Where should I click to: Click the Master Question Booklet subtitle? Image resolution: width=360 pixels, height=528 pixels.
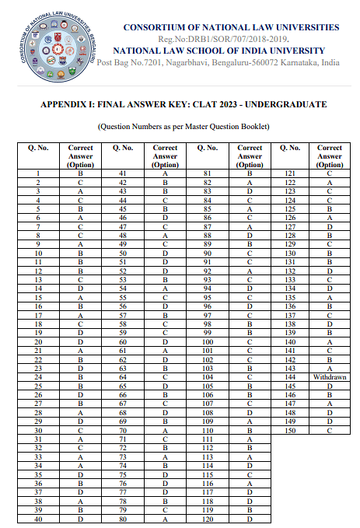coord(183,127)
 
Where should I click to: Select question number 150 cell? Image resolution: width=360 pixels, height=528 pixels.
coord(290,430)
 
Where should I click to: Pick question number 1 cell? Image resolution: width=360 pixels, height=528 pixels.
coord(38,172)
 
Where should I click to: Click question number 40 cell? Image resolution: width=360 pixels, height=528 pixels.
coord(38,520)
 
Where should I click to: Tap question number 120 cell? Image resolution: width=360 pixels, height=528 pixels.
coord(208,520)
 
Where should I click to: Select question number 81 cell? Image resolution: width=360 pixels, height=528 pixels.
coord(208,172)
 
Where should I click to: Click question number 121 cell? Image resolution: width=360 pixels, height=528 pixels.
coord(290,172)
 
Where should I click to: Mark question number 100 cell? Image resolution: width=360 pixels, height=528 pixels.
coord(208,342)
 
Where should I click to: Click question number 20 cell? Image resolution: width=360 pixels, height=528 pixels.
coord(38,342)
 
